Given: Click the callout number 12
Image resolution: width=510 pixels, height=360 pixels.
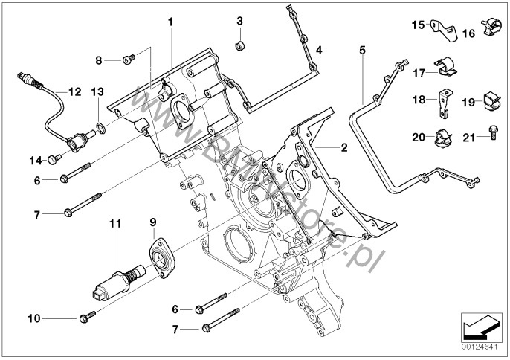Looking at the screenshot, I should pyautogui.click(x=74, y=92).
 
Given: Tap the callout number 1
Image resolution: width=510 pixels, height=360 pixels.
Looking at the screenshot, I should pyautogui.click(x=170, y=22).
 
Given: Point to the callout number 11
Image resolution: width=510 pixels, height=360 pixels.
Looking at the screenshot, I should pyautogui.click(x=114, y=222).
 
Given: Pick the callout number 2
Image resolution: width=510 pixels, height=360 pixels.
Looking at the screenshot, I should pyautogui.click(x=343, y=147).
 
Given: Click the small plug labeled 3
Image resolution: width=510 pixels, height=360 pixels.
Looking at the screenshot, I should pyautogui.click(x=240, y=48).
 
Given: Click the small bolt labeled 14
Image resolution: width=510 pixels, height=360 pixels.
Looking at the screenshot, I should pyautogui.click(x=53, y=158).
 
